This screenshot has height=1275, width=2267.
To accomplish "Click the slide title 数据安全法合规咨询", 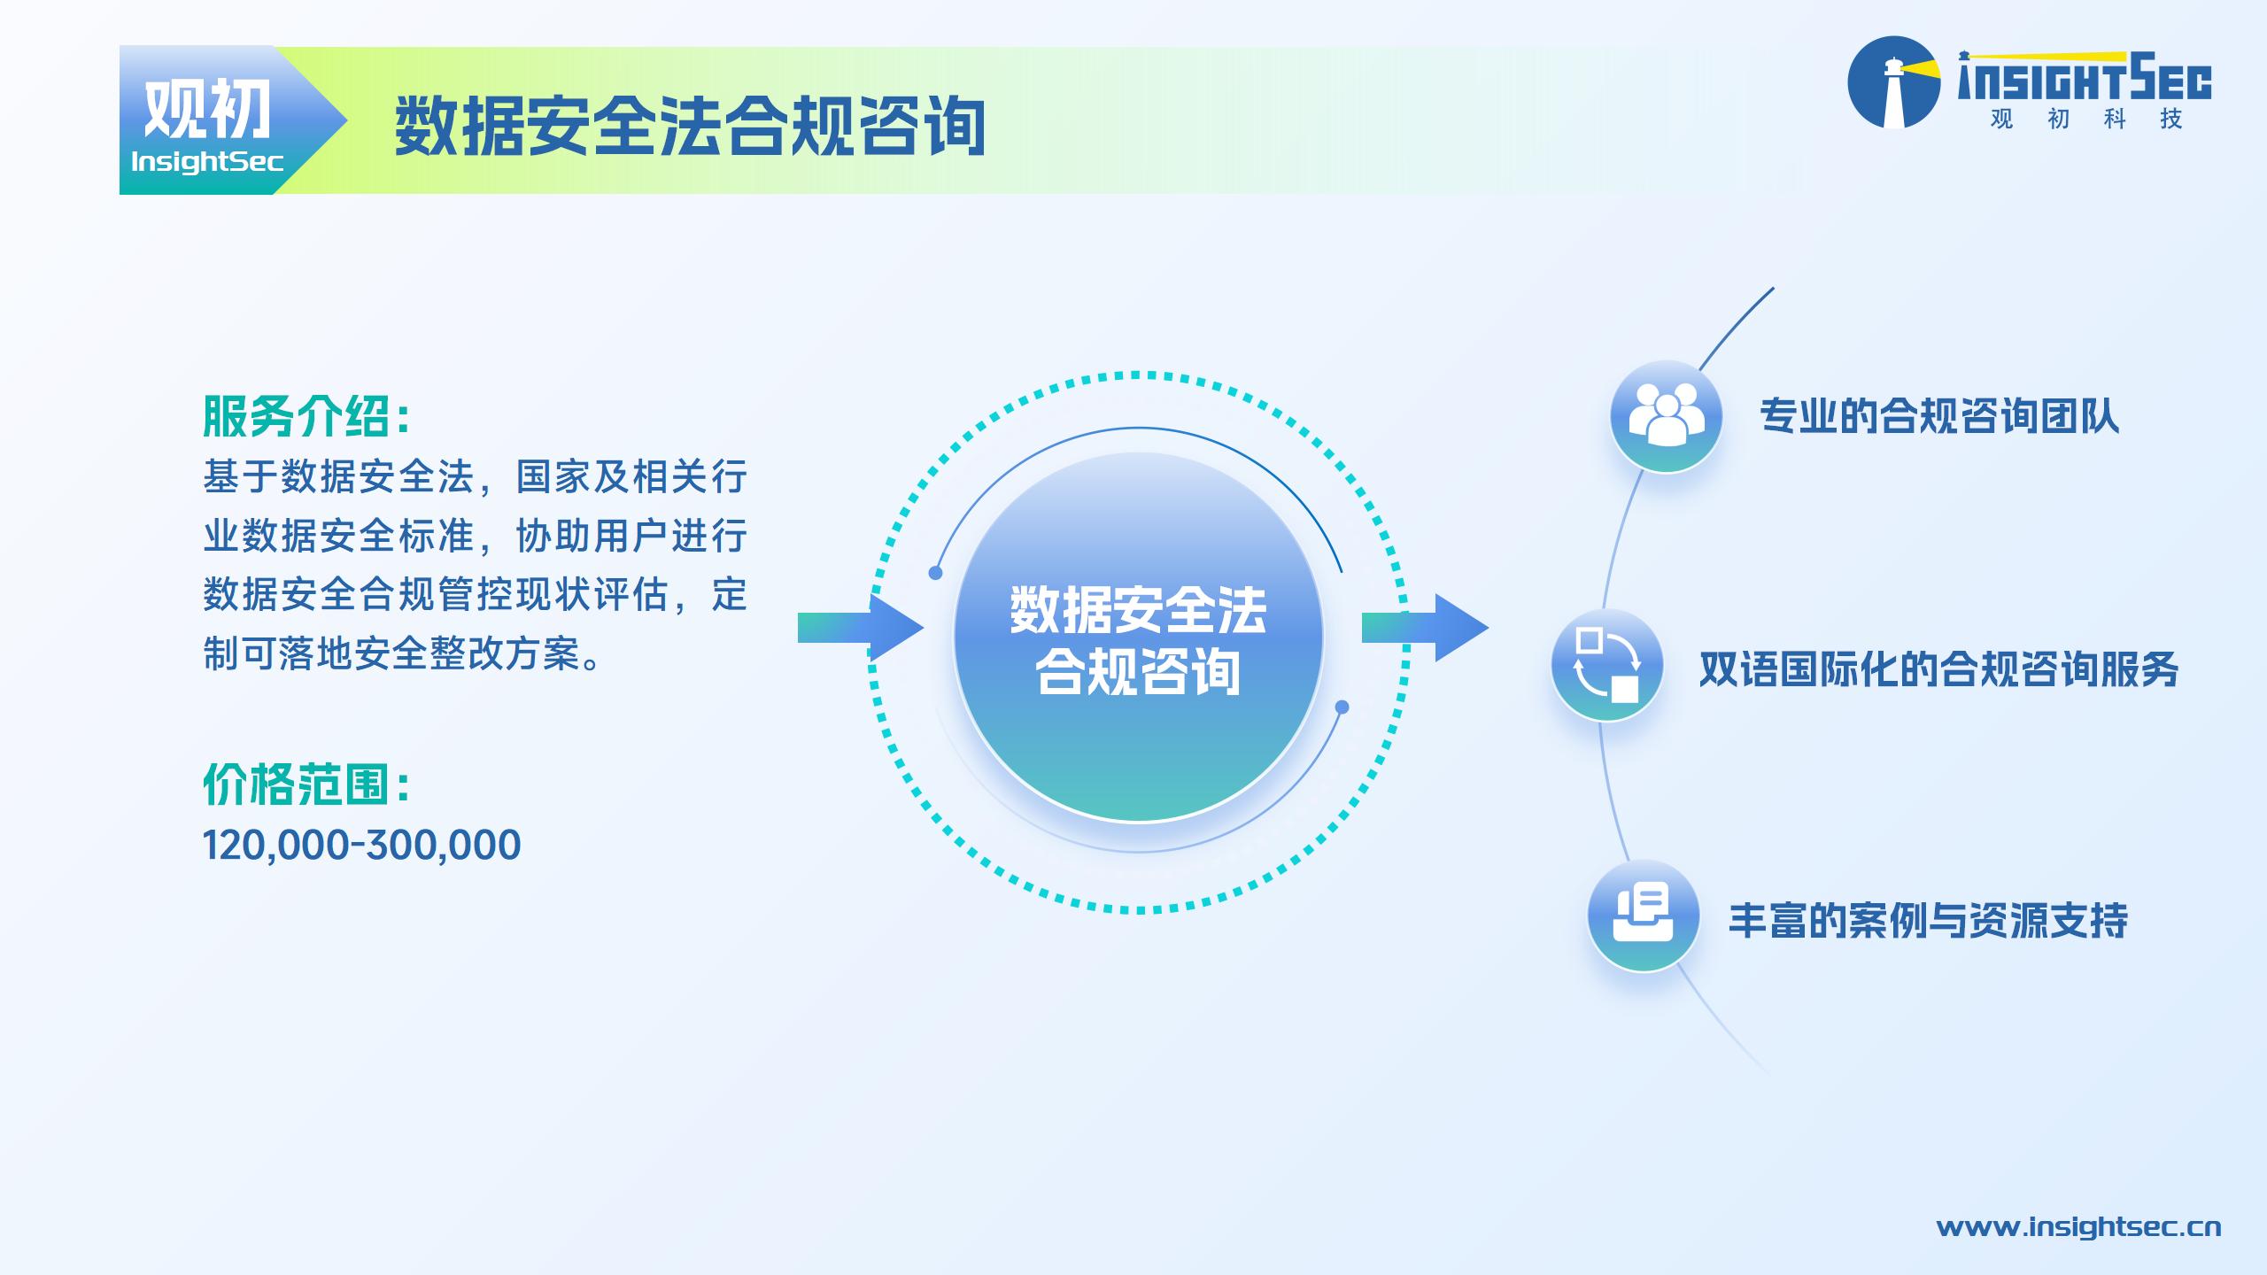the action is [x=690, y=127].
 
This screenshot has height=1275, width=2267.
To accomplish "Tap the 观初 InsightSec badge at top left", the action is [x=232, y=120].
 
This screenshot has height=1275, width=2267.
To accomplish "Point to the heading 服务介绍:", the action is [x=306, y=417].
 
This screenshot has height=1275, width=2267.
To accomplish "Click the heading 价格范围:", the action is [x=306, y=784].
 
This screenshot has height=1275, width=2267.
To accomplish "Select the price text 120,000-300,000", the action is [x=362, y=845].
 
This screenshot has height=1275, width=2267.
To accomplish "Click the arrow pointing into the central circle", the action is [x=861, y=628].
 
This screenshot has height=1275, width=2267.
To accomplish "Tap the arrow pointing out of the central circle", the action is [x=1425, y=628].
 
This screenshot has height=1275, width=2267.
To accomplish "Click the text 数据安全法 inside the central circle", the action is [x=1138, y=610].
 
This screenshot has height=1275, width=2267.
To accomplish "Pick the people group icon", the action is [x=1666, y=416].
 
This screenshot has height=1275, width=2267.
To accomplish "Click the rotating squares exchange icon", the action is [x=1606, y=665].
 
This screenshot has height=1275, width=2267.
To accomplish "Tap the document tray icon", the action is [x=1643, y=916].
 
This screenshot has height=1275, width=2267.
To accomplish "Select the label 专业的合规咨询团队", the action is [x=1939, y=417].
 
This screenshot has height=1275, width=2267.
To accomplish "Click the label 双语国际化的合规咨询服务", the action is [x=1938, y=669].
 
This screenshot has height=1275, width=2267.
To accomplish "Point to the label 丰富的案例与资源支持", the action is [x=1928, y=921].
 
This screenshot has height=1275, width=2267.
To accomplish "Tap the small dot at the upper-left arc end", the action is [x=935, y=573].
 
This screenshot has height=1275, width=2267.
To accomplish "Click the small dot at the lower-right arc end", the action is [x=1342, y=707].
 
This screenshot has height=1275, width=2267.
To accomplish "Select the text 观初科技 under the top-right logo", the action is [x=2085, y=119].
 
